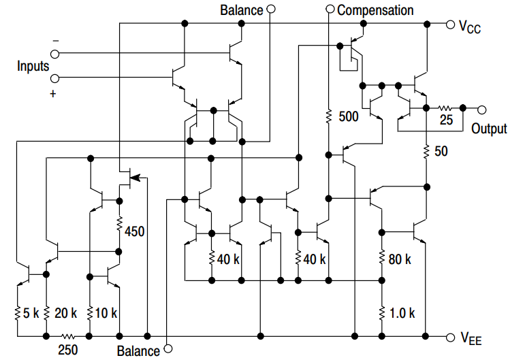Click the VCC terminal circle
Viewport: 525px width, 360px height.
[449, 24]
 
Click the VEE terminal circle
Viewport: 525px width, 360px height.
[449, 337]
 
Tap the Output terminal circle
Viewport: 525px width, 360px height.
[482, 109]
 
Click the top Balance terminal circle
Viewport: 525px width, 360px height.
[271, 10]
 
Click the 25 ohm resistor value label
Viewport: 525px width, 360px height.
[446, 121]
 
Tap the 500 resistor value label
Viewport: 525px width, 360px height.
[348, 116]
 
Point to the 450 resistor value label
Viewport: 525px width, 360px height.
[135, 231]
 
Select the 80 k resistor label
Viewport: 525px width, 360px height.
[399, 259]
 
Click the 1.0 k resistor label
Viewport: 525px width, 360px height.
[402, 314]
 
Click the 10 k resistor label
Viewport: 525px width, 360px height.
[106, 314]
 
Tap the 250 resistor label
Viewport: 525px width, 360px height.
[68, 350]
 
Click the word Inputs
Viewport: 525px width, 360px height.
[33, 66]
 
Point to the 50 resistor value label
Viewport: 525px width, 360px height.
[441, 151]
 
